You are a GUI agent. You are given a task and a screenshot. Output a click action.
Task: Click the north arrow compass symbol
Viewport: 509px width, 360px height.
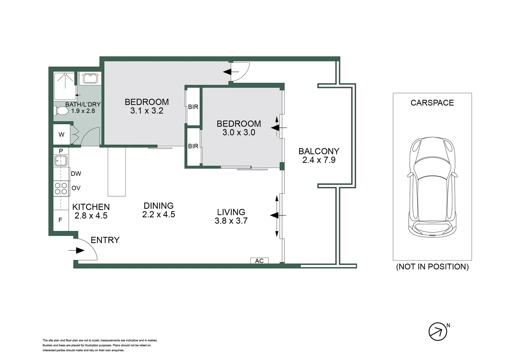(438, 332)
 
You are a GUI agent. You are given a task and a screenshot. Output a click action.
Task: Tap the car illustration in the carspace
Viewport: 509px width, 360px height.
(432, 187)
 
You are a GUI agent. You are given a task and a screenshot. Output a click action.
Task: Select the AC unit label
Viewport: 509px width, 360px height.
(259, 261)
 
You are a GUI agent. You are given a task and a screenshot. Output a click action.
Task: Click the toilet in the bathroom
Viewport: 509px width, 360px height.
(61, 111)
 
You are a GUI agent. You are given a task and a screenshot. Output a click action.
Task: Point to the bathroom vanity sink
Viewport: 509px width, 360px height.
(90, 78)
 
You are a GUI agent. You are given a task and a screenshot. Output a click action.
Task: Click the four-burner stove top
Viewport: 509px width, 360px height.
(61, 188)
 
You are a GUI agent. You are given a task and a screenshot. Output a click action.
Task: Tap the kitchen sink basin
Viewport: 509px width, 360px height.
(61, 161)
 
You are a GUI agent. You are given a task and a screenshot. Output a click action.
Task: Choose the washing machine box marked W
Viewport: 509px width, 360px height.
(61, 134)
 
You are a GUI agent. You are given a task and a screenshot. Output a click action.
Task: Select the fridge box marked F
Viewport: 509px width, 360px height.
(61, 220)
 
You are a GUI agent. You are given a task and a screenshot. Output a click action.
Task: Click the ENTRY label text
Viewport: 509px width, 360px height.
(105, 240)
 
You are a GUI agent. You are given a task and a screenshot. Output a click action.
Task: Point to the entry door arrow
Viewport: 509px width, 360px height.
(76, 251)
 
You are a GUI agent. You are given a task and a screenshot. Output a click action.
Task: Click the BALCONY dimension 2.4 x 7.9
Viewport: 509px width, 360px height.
(319, 160)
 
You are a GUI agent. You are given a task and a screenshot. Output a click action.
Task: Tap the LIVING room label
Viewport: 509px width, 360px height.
(231, 212)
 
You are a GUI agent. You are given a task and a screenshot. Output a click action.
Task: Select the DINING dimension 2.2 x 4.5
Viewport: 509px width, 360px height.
(159, 214)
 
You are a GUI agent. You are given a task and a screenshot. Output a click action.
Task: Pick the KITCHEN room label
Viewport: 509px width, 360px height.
(91, 207)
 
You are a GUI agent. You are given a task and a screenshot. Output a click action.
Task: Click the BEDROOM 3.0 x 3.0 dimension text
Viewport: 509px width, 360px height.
(239, 132)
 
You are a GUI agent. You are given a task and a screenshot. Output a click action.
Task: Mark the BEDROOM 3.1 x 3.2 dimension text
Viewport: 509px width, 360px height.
(147, 111)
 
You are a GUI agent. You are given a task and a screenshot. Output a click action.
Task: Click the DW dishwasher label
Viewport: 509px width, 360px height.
(76, 174)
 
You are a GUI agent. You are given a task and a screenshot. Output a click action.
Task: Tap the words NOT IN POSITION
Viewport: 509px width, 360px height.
(432, 267)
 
